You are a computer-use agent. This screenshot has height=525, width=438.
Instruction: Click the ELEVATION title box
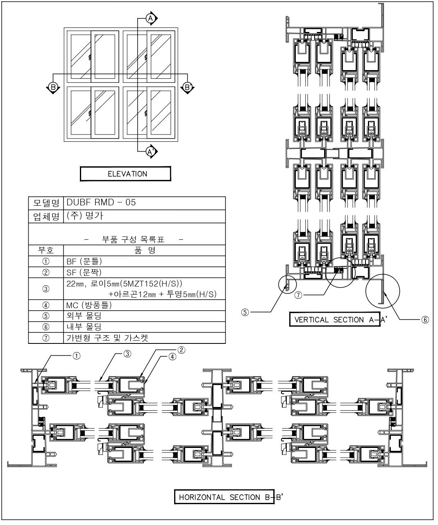(x=125, y=173)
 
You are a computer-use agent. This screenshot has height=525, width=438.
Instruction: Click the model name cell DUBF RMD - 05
(x=144, y=203)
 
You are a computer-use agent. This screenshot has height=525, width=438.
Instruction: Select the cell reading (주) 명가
(x=144, y=216)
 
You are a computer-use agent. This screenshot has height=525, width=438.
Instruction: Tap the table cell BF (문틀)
(x=144, y=261)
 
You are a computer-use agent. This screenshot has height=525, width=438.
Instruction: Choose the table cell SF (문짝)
(x=144, y=272)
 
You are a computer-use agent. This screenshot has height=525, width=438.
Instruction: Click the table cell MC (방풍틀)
(x=144, y=305)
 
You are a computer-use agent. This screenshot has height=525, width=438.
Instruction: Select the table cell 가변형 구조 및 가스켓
(x=144, y=338)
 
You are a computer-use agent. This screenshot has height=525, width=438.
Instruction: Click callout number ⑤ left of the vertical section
(x=245, y=312)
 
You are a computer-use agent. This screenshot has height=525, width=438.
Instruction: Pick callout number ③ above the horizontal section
(x=128, y=354)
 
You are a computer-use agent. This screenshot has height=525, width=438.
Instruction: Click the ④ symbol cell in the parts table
(x=45, y=305)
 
